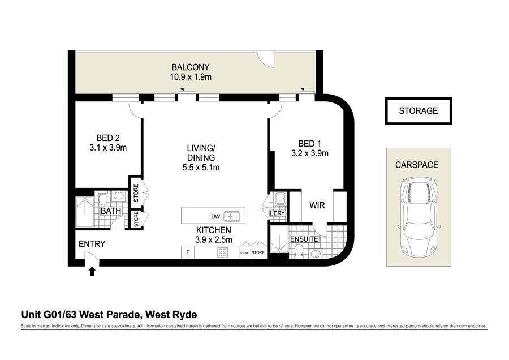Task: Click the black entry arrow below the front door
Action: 92,271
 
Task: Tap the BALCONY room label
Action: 191,67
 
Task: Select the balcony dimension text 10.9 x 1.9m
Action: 191,77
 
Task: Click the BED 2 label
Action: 108,138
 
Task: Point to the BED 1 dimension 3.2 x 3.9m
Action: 310,153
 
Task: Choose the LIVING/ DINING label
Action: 201,153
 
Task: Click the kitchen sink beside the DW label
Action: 232,216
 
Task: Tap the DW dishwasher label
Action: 215,217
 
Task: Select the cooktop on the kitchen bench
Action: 222,252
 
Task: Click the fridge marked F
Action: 188,252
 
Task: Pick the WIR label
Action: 317,205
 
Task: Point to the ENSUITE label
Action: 304,239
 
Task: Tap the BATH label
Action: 111,211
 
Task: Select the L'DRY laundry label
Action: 277,213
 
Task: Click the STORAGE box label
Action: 419,111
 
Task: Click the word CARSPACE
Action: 417,165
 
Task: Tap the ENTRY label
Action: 92,244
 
